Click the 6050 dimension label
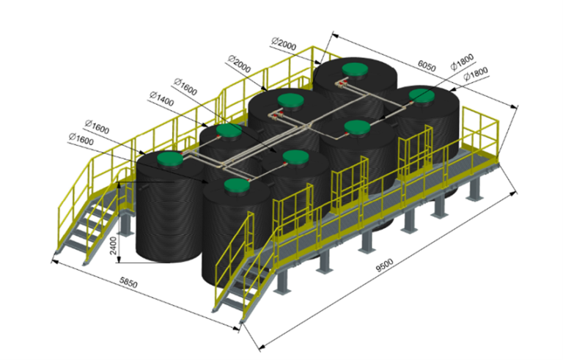click(427, 66)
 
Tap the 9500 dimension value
click(385, 265)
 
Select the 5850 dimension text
click(128, 283)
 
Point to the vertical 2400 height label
click(114, 246)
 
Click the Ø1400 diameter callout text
click(161, 99)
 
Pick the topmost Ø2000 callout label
click(284, 44)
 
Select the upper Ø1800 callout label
click(463, 62)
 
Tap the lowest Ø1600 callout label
click(81, 139)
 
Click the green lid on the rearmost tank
click(354, 70)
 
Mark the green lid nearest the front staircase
click(237, 185)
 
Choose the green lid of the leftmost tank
click(170, 158)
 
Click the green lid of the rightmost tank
click(422, 95)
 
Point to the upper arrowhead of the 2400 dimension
click(119, 184)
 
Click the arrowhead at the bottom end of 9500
click(262, 348)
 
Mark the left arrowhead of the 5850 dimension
click(54, 262)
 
